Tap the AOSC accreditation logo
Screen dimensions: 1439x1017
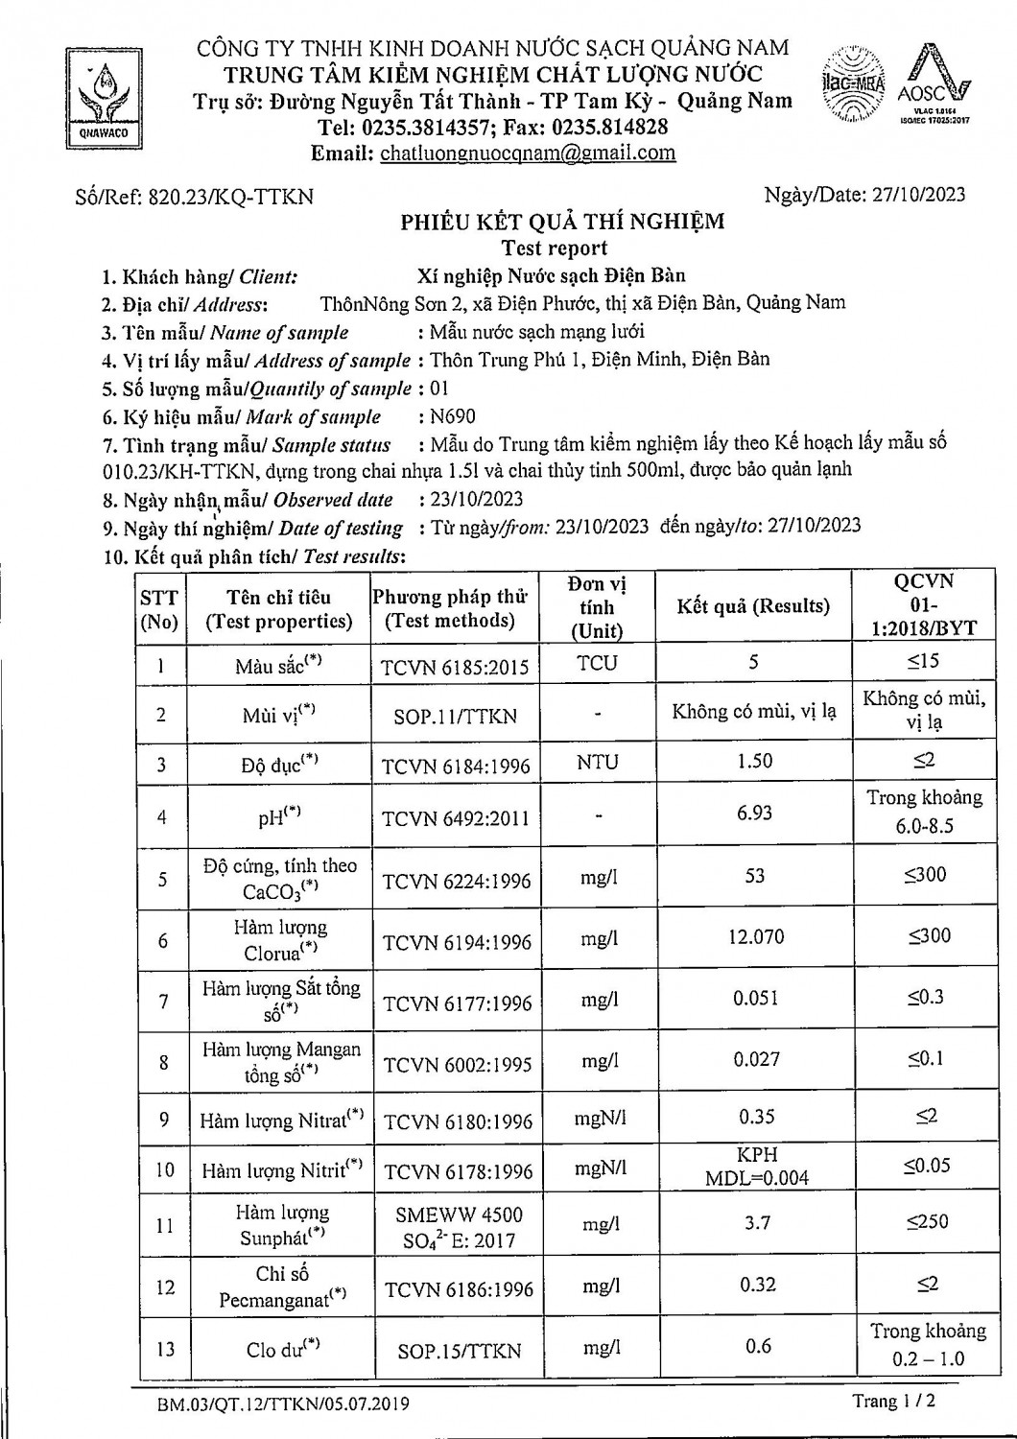pyautogui.click(x=934, y=86)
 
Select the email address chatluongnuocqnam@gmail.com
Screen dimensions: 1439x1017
pyautogui.click(x=528, y=153)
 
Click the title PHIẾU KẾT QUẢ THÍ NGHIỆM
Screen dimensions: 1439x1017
pyautogui.click(x=562, y=223)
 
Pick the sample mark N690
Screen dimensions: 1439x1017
pyautogui.click(x=453, y=416)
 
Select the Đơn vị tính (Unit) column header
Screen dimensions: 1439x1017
pyautogui.click(x=597, y=607)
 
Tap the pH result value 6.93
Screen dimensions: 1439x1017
pyautogui.click(x=754, y=813)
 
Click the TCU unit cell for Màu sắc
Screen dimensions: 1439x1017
pyautogui.click(x=597, y=663)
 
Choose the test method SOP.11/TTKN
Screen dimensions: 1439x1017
pyautogui.click(x=455, y=716)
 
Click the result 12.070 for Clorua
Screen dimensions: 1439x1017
pyautogui.click(x=755, y=935)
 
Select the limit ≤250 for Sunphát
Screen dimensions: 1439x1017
pyautogui.click(x=927, y=1221)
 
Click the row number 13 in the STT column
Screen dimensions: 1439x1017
pyautogui.click(x=165, y=1349)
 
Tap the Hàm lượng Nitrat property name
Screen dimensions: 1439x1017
pyautogui.click(x=280, y=1120)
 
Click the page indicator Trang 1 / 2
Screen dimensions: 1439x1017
pyautogui.click(x=893, y=1402)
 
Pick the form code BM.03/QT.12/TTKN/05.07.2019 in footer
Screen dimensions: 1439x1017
pyautogui.click(x=283, y=1404)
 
